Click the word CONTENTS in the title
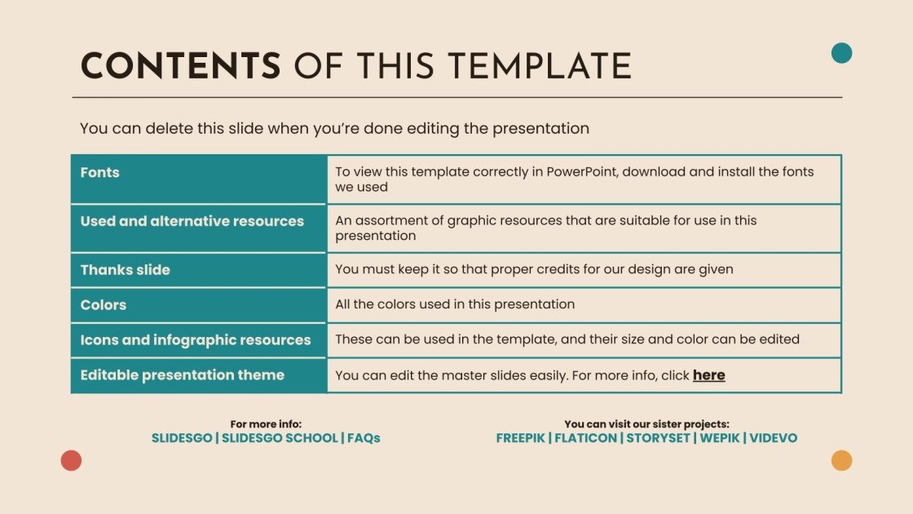(180, 66)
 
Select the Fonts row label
(99, 172)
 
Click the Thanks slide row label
(125, 269)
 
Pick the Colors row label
(103, 304)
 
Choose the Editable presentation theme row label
(182, 374)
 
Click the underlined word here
(708, 375)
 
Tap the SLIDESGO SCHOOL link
(280, 438)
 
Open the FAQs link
(364, 438)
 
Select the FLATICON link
(585, 438)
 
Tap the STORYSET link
(659, 438)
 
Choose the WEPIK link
(719, 438)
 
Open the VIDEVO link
(774, 438)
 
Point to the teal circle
(841, 53)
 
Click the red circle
(71, 460)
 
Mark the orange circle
(841, 460)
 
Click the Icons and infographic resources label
(195, 339)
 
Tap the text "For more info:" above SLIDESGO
(266, 424)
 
